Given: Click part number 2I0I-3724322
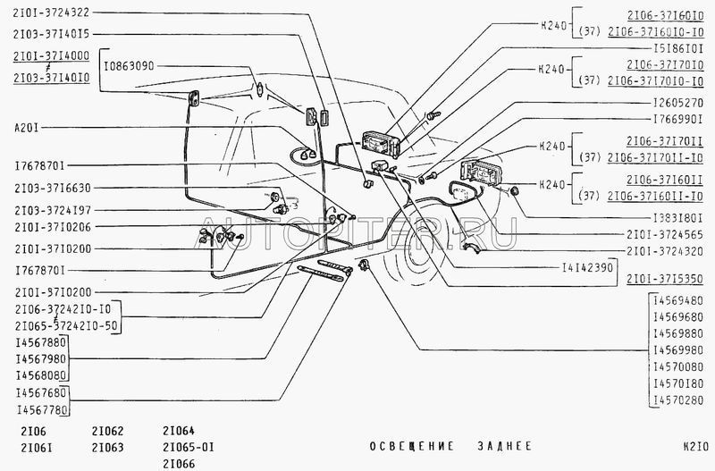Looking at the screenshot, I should coord(50,13).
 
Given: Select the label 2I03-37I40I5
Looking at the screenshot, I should coord(50,33).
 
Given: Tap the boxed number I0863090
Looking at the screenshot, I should coord(130,66).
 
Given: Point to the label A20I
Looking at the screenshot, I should coord(27,127).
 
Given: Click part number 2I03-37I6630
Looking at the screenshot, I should coord(50,188).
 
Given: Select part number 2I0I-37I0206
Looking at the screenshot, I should coord(50,228).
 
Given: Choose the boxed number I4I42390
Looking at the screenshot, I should coord(586,266).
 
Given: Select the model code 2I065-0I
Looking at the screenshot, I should coord(189,445).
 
